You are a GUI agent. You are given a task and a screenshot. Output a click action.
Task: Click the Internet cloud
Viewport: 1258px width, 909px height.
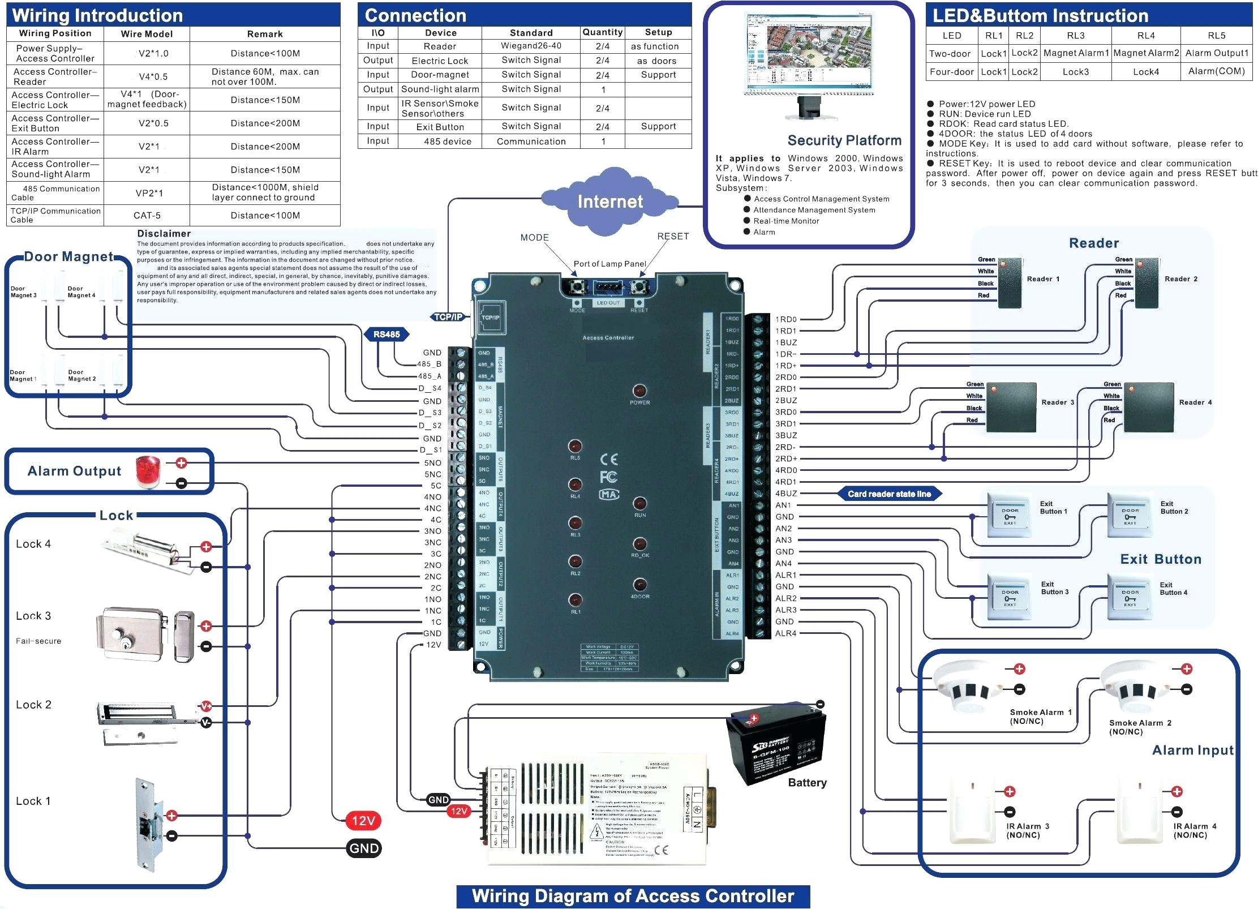point(609,201)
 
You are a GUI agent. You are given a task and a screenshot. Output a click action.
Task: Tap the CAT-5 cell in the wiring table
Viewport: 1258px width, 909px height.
point(147,216)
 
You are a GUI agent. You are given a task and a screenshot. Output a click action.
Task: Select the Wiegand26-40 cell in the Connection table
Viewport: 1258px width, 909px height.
point(531,46)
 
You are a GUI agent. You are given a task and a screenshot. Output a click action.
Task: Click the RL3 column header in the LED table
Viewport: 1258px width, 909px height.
point(1075,36)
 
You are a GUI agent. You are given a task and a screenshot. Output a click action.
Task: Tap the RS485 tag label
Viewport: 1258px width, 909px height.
point(387,335)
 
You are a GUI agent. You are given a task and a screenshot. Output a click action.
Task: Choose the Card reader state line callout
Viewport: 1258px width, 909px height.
point(889,494)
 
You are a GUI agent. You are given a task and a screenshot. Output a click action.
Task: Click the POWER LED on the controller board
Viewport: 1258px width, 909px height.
point(639,391)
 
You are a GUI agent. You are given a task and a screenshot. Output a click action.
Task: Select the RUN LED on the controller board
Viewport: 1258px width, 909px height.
point(639,504)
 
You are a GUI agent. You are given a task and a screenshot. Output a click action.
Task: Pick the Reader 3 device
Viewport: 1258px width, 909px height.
point(1011,407)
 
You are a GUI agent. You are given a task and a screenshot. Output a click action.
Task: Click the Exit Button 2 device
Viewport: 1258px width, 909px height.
point(1130,515)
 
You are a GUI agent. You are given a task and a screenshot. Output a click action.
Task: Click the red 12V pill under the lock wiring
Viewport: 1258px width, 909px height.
point(363,821)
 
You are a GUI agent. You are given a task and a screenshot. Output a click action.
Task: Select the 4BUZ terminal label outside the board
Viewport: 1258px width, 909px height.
point(786,494)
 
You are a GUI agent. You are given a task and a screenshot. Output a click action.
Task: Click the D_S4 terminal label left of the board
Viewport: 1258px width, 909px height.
point(430,388)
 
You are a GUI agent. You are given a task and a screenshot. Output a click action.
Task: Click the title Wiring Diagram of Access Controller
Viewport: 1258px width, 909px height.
point(633,897)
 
